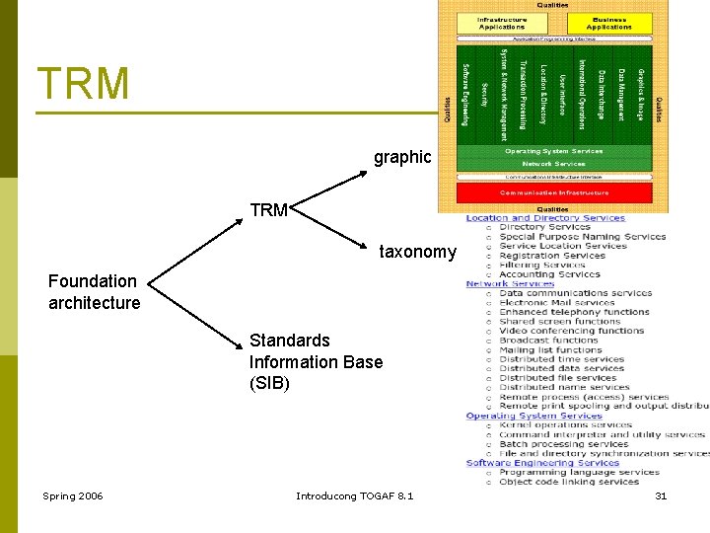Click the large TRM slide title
click(83, 83)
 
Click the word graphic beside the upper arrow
click(402, 157)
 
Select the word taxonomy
click(418, 252)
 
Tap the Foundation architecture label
click(95, 292)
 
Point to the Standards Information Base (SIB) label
click(316, 361)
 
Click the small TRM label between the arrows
click(268, 210)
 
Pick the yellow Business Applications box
click(608, 24)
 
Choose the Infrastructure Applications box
click(502, 24)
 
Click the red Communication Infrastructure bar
click(553, 192)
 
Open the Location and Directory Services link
click(545, 218)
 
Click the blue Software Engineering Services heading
click(542, 463)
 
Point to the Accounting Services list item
click(563, 274)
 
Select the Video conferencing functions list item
click(571, 331)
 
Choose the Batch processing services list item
click(563, 444)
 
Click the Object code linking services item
click(569, 482)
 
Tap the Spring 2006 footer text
click(72, 495)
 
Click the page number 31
click(661, 495)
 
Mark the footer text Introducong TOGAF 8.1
click(355, 495)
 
